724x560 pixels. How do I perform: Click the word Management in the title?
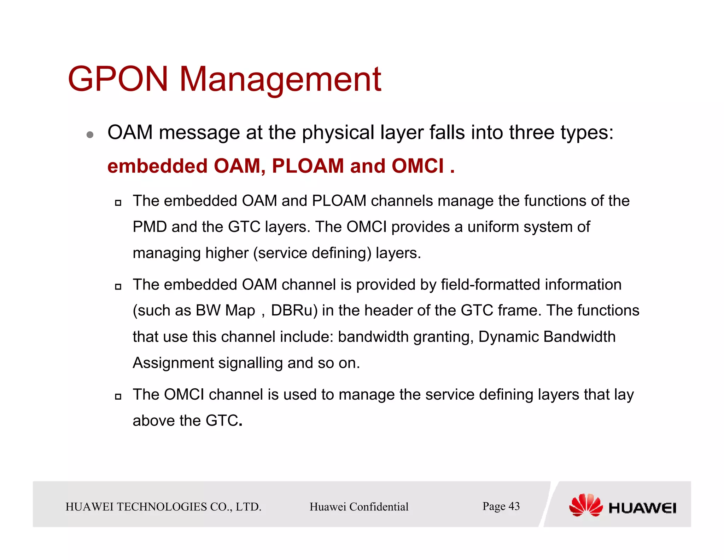click(x=280, y=80)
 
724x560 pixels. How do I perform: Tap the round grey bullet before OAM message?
click(x=90, y=135)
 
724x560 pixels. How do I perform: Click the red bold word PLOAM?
click(x=308, y=166)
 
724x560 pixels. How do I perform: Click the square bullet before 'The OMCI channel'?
click(x=118, y=396)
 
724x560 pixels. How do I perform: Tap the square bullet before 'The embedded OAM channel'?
click(x=118, y=286)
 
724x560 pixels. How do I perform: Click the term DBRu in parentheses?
click(x=292, y=310)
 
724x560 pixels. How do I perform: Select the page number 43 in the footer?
click(x=514, y=506)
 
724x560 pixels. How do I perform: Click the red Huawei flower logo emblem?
click(x=586, y=505)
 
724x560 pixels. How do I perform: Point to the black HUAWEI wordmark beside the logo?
click(x=642, y=508)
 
